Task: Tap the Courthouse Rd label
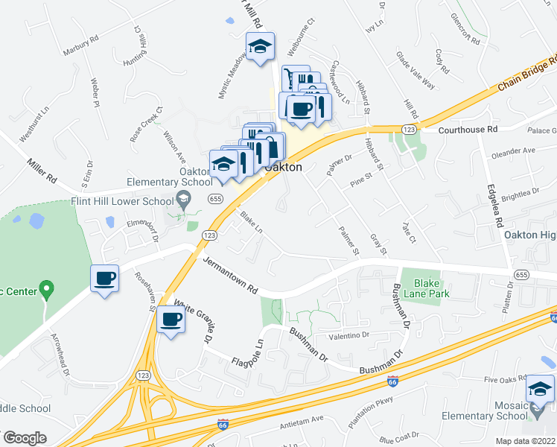pyautogui.click(x=467, y=129)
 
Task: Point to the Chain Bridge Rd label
pyautogui.click(x=526, y=75)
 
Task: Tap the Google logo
pyautogui.click(x=25, y=437)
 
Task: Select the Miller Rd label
pyautogui.click(x=42, y=171)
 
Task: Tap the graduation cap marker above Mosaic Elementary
pyautogui.click(x=540, y=388)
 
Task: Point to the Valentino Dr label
pyautogui.click(x=344, y=335)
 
